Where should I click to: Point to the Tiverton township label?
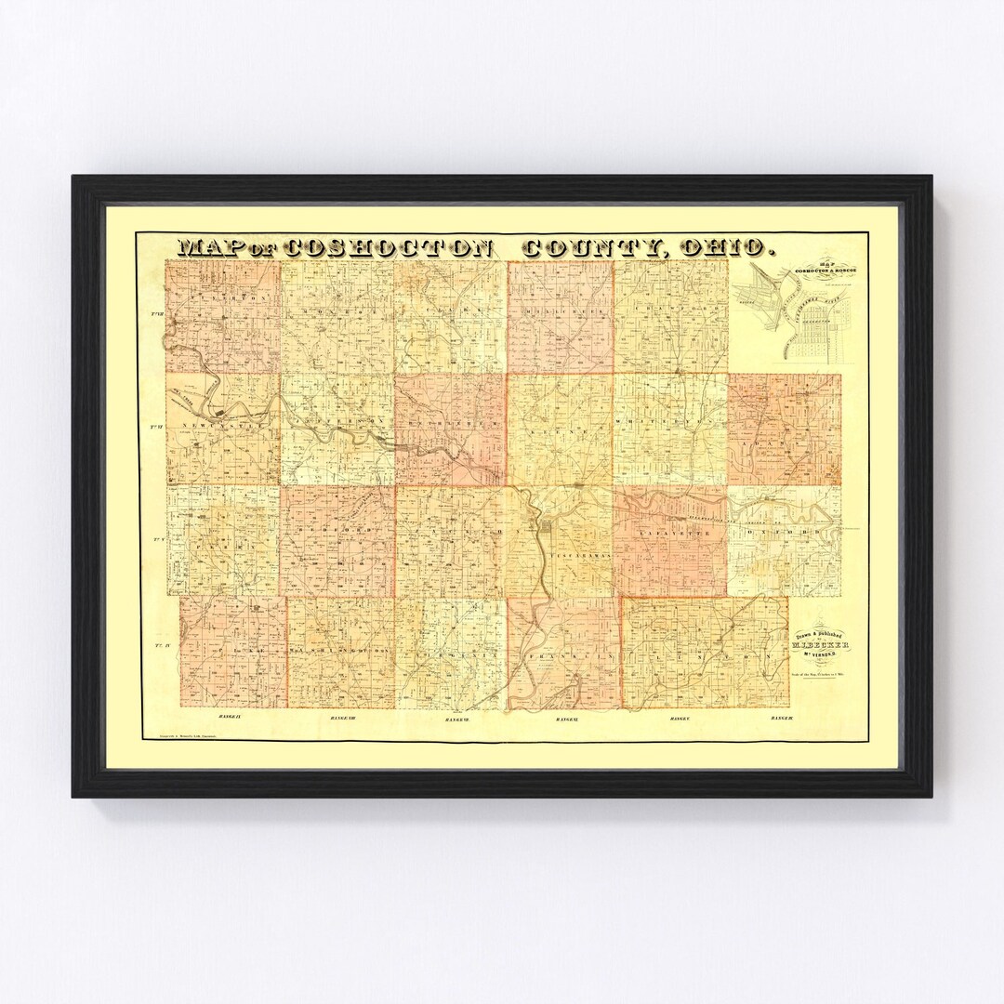pyautogui.click(x=223, y=298)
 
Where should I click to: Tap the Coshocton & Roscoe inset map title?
pyautogui.click(x=818, y=270)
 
